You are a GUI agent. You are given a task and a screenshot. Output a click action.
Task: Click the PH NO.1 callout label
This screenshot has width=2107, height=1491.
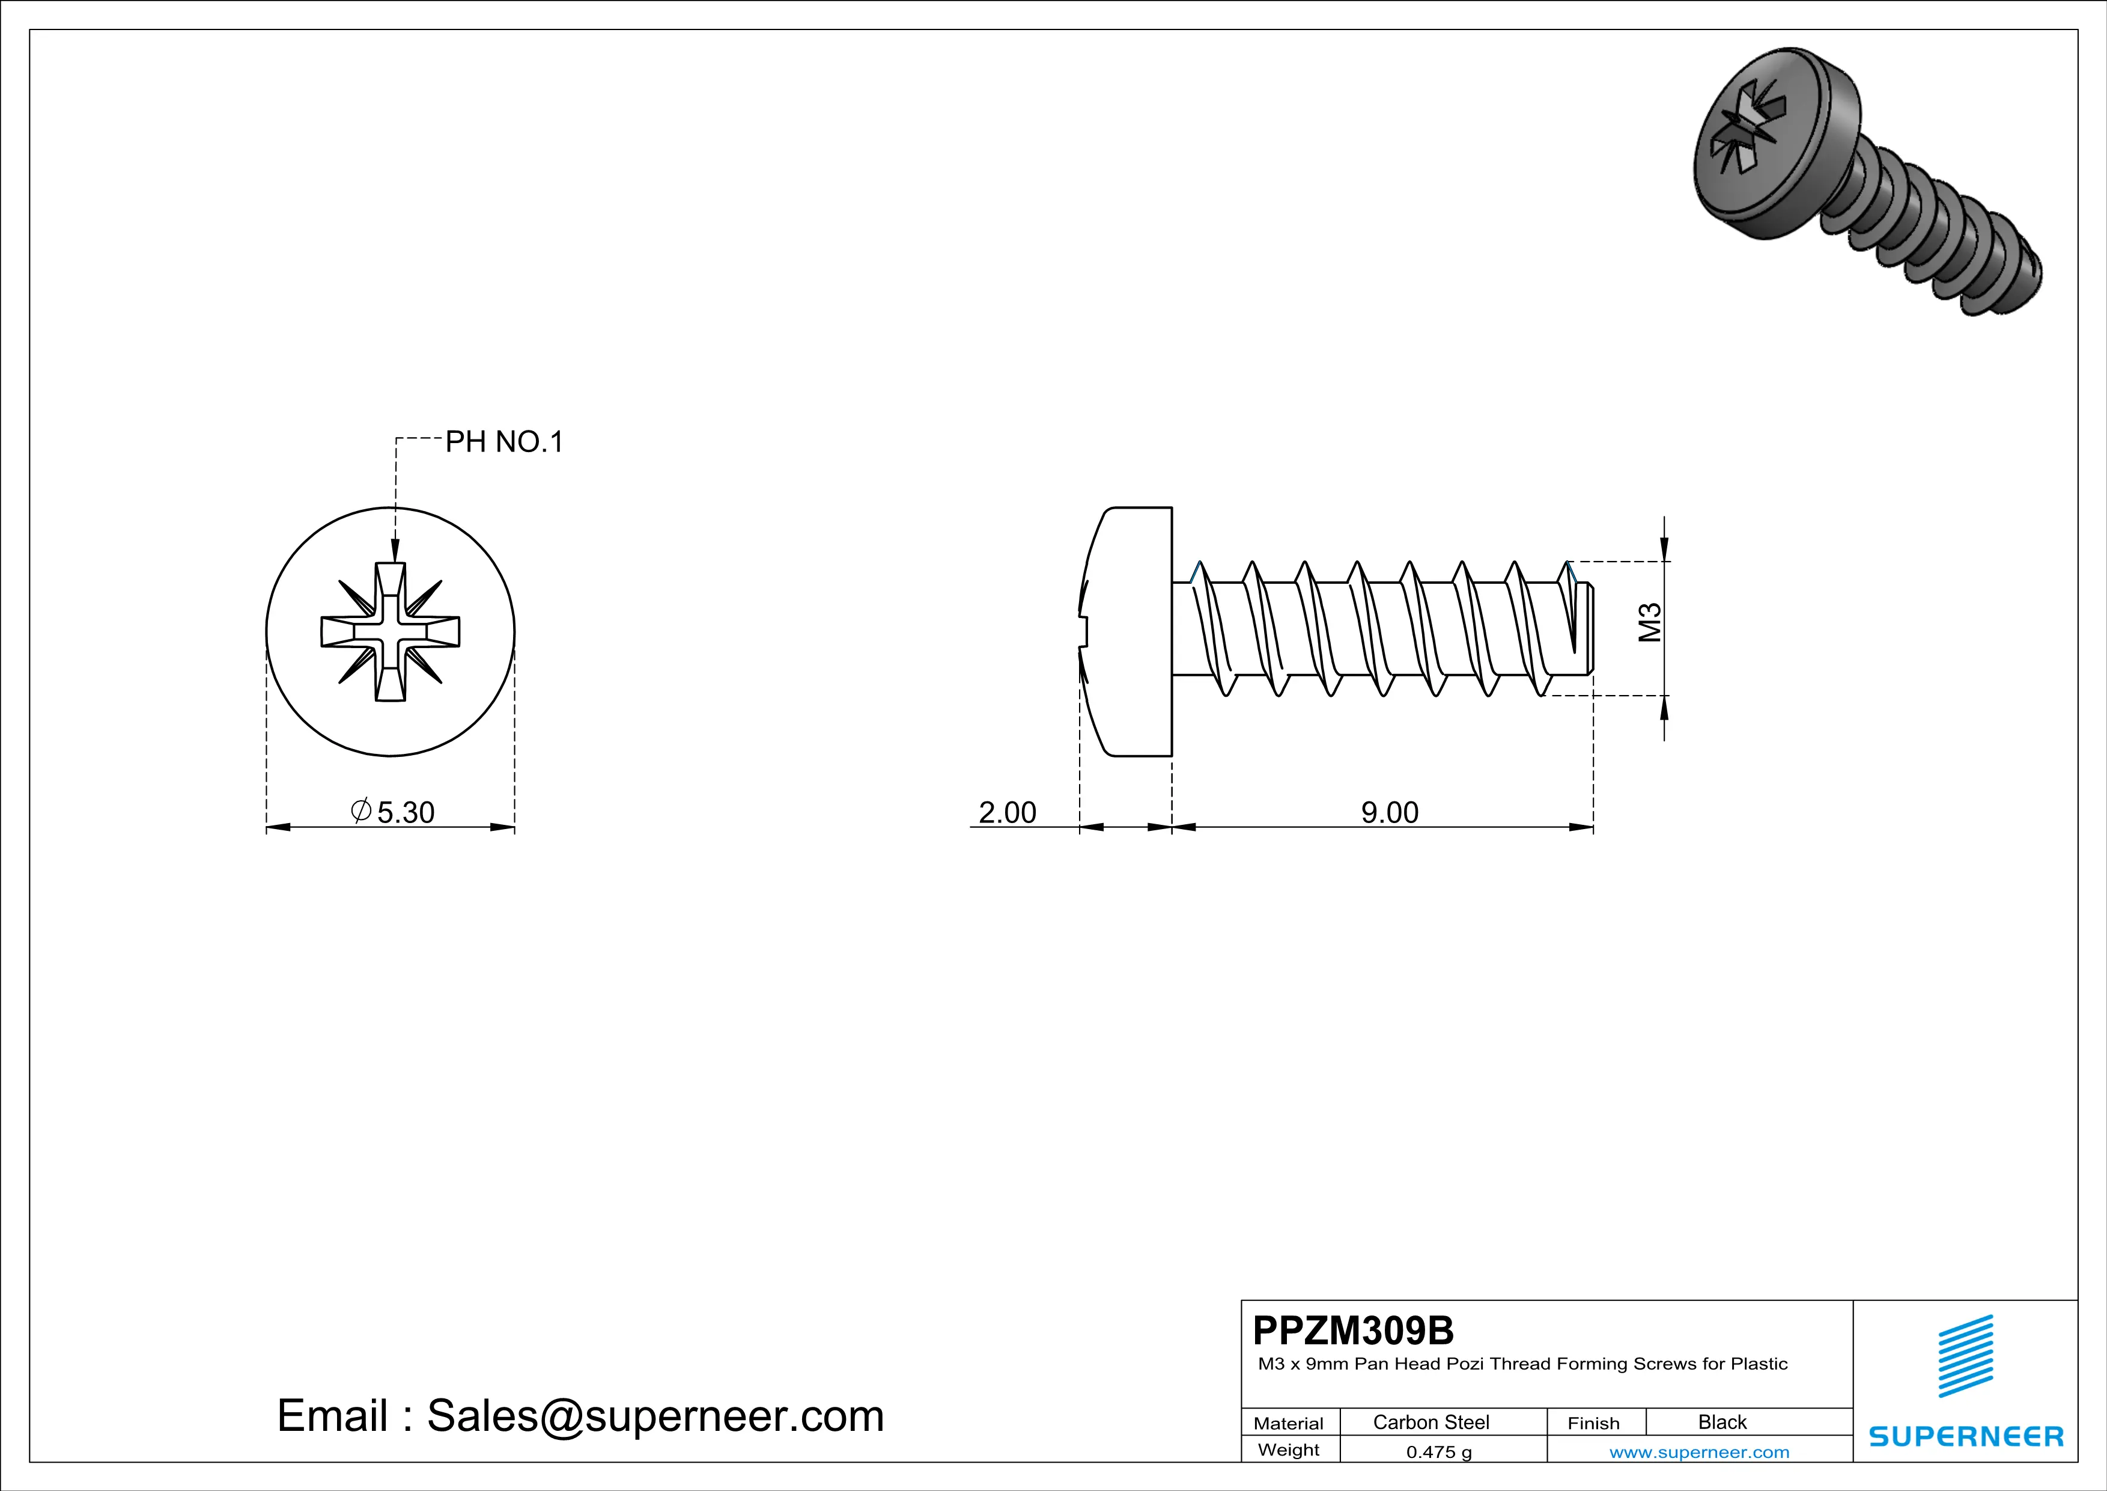point(504,442)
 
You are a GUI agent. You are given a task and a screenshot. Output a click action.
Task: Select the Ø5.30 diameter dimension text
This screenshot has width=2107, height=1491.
point(393,812)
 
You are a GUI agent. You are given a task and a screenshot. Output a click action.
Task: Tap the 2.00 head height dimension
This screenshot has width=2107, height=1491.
point(1007,812)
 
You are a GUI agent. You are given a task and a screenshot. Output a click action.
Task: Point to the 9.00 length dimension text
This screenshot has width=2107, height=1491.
point(1390,812)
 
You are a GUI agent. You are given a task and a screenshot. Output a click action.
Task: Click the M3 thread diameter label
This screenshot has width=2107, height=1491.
point(1650,622)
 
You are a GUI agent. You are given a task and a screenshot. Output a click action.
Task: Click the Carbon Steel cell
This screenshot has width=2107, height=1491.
point(1431,1422)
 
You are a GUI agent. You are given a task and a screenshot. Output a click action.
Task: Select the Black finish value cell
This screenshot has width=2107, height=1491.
point(1721,1422)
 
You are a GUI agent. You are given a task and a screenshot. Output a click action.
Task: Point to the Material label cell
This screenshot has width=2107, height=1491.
point(1289,1423)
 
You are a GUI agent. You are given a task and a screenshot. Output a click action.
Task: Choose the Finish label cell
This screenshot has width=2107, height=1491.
point(1593,1423)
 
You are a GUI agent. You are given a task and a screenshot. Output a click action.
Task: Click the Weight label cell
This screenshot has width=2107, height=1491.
point(1289,1450)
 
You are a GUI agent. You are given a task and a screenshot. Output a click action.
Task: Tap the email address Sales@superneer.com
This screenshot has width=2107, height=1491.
point(655,1416)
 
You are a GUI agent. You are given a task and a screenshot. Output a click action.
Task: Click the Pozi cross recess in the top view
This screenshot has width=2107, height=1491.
point(390,632)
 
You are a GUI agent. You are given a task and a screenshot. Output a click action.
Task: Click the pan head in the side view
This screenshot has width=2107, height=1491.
point(1129,632)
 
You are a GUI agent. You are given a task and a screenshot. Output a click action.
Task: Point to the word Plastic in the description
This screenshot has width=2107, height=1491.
point(1759,1364)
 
